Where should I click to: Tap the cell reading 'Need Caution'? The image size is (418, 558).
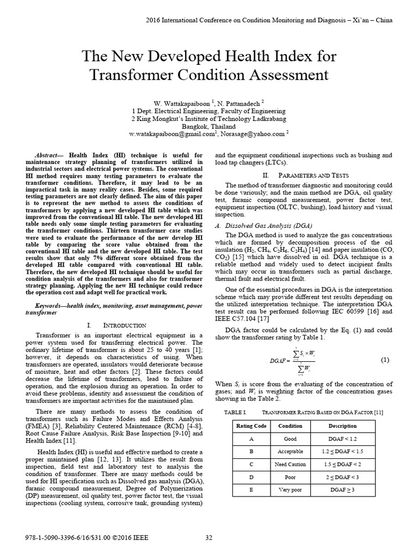coord(291,464)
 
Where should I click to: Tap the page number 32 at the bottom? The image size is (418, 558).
coord(208,538)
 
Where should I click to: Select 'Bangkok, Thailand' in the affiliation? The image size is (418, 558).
coord(209,125)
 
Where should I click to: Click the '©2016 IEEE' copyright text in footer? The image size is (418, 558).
coord(127,538)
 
